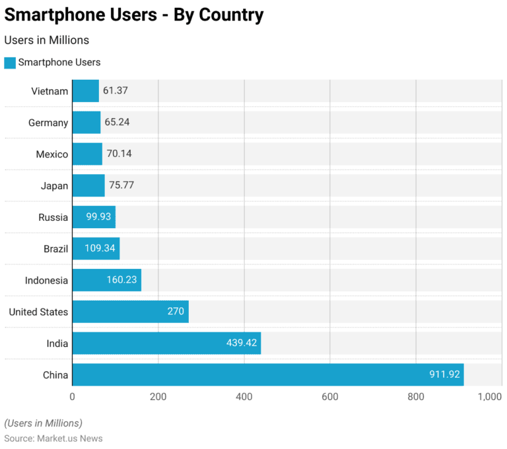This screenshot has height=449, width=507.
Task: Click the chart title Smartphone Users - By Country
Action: (x=134, y=15)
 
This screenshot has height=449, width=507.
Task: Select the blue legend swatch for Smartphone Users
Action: (x=10, y=63)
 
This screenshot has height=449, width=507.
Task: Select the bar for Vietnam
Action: (x=85, y=91)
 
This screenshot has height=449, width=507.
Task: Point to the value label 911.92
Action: (x=444, y=375)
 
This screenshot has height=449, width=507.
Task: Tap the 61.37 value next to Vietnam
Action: (x=116, y=91)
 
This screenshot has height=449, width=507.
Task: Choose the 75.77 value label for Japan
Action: (x=121, y=185)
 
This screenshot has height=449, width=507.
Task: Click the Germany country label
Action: (x=48, y=123)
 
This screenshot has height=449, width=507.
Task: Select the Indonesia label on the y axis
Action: (x=46, y=280)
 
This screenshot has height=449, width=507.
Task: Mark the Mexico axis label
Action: (x=51, y=154)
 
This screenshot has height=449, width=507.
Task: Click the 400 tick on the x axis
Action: (x=244, y=397)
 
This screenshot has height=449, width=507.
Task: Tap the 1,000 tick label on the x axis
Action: (x=490, y=397)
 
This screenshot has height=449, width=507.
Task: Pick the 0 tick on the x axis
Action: (x=73, y=397)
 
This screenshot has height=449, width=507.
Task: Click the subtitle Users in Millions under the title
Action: (x=46, y=40)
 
